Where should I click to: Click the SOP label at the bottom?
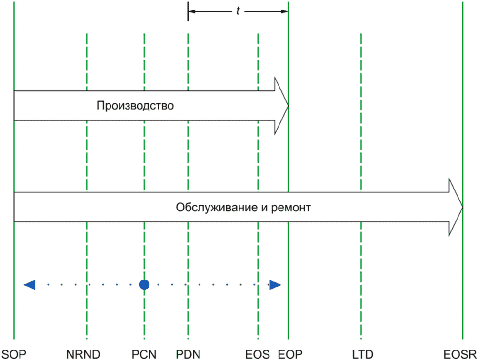click(14, 354)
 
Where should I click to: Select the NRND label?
click(83, 354)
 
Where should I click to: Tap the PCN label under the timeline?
click(144, 354)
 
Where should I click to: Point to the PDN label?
click(188, 354)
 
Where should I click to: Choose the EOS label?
click(258, 354)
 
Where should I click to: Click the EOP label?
click(290, 354)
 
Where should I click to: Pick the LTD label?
click(363, 354)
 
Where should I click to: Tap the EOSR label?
click(460, 354)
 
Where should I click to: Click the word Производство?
click(135, 106)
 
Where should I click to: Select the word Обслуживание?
click(217, 208)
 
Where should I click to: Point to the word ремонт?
click(291, 208)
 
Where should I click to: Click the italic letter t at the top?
click(238, 10)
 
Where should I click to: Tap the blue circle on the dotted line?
click(144, 285)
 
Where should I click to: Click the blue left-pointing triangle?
click(30, 285)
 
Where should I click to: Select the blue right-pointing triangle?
click(275, 285)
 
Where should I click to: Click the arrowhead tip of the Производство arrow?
click(288, 106)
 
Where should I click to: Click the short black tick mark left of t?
click(188, 11)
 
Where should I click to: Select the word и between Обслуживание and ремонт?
click(264, 208)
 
